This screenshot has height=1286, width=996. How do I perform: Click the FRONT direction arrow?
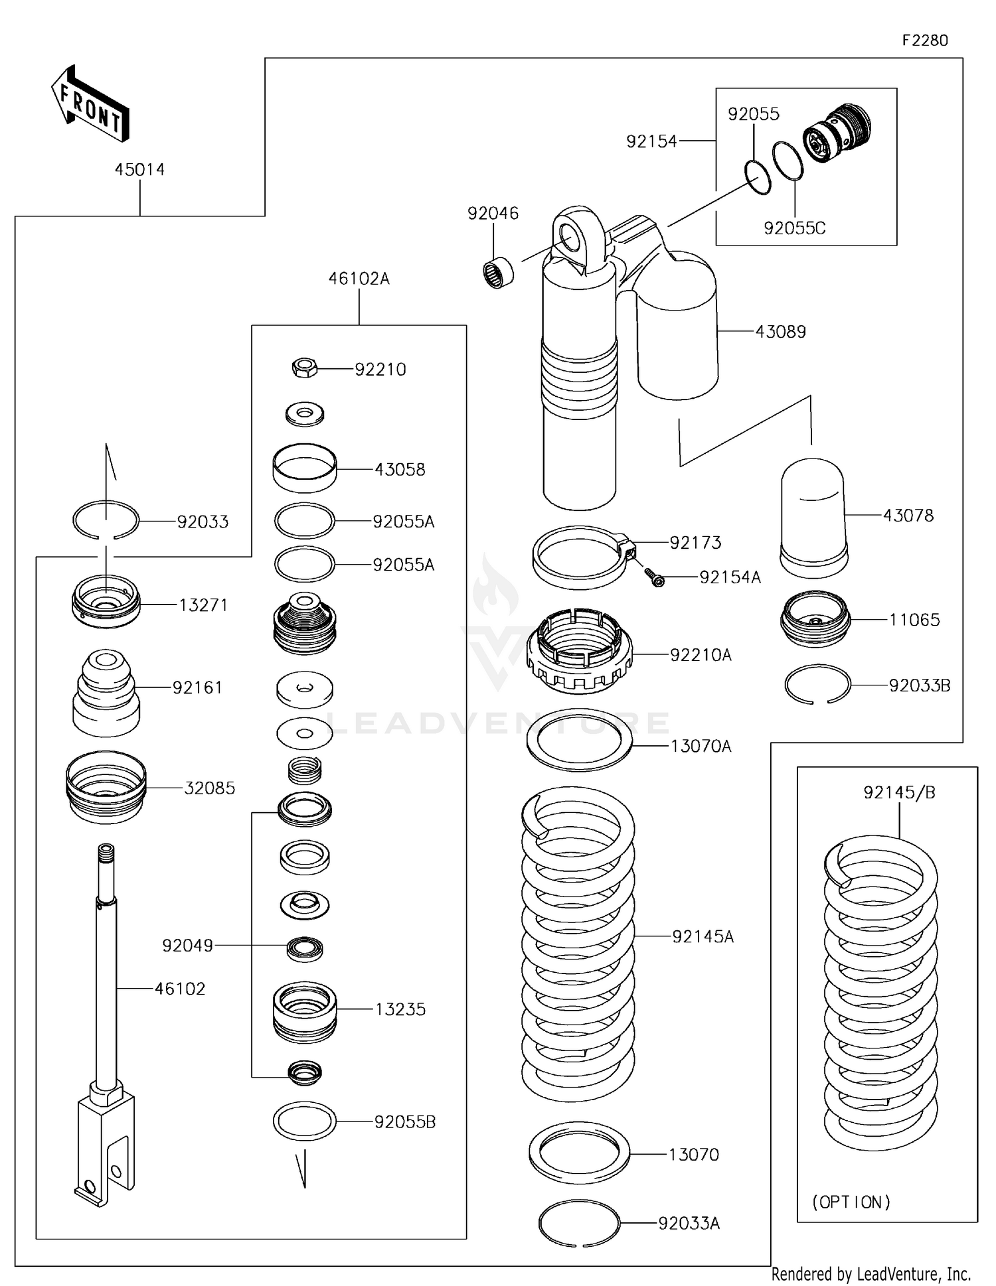click(90, 105)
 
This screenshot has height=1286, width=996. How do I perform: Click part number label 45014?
click(139, 170)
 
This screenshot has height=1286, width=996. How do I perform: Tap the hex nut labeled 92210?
click(305, 368)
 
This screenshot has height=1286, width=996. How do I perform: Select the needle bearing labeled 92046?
click(499, 273)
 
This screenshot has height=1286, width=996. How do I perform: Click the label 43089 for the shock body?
click(781, 332)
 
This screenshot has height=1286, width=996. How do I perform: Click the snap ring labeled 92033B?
click(817, 684)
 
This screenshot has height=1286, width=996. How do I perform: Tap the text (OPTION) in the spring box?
click(851, 1202)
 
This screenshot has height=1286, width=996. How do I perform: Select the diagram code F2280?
click(925, 40)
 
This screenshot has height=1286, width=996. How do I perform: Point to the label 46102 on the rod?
click(180, 989)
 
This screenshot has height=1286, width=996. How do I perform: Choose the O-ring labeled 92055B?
click(305, 1121)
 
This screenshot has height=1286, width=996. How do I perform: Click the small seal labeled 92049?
click(305, 948)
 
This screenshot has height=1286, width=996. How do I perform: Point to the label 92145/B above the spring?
click(899, 792)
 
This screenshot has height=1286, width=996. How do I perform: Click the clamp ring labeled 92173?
click(581, 556)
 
